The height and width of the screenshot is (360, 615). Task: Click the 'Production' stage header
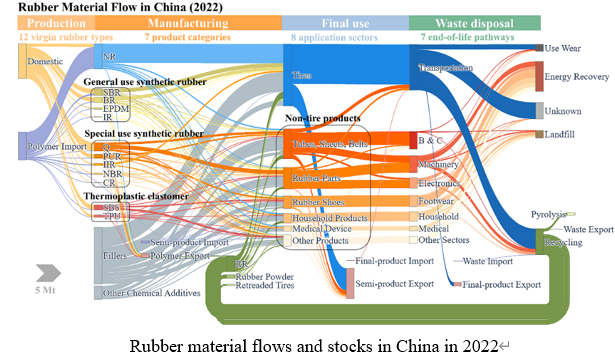(47, 21)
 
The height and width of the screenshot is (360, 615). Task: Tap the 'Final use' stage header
(344, 21)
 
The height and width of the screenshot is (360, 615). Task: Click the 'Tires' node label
(302, 74)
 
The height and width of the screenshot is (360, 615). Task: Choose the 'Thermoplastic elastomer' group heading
(135, 196)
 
